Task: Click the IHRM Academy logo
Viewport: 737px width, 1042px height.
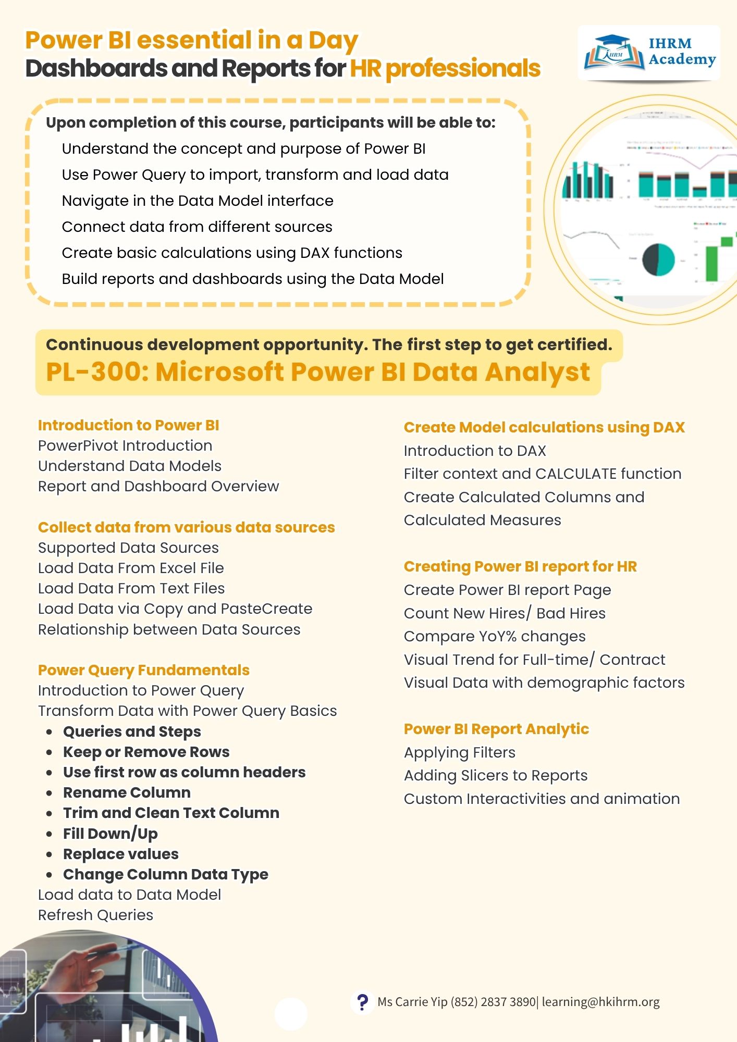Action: coord(649,53)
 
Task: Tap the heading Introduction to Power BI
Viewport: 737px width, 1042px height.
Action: coord(128,425)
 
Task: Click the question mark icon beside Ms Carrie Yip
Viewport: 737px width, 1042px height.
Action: coord(362,1001)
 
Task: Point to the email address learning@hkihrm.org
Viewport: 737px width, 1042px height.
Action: coord(600,1002)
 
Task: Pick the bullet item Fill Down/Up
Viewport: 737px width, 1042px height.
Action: coord(110,834)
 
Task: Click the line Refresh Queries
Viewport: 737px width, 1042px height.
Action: coord(95,915)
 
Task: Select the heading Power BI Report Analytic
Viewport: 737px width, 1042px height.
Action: coord(496,729)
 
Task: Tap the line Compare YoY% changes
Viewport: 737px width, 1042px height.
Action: coord(495,636)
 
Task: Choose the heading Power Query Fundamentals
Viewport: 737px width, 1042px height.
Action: coord(143,670)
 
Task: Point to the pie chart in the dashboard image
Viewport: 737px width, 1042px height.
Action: coord(658,259)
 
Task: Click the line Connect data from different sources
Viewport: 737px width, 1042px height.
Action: coord(197,227)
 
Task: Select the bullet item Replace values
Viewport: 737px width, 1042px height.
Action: coord(120,854)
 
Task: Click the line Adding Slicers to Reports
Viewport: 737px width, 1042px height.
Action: coord(496,775)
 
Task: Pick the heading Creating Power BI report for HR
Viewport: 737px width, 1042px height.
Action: coord(520,566)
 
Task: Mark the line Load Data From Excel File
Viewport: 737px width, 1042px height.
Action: coord(131,568)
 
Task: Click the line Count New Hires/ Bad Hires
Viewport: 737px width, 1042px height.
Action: coord(505,613)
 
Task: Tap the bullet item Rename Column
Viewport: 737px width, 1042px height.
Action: coord(127,792)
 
